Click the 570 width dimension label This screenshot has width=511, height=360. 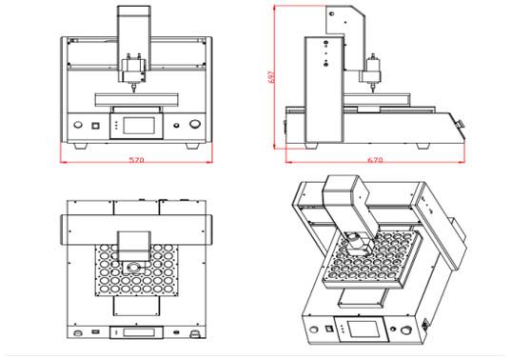coord(136,160)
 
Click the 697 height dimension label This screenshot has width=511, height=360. coord(271,77)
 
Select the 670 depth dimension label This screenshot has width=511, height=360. coord(375,160)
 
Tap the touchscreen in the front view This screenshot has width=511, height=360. coord(139,126)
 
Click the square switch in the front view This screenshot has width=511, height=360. coord(95,125)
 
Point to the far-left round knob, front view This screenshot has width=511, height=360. coord(78,125)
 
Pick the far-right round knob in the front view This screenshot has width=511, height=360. coord(195,124)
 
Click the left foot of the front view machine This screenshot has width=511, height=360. coord(81,146)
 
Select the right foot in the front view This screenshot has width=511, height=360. coord(192,146)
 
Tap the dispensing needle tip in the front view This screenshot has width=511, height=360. coord(133,91)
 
